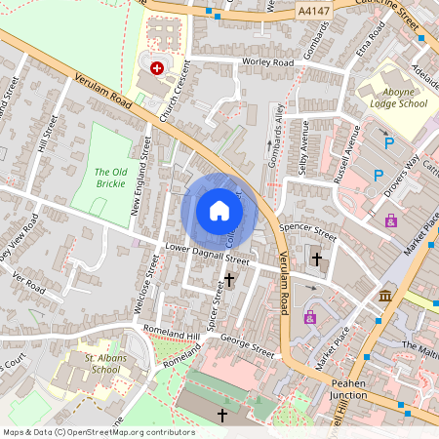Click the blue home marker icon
219,210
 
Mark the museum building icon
386,295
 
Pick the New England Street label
141,184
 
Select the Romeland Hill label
171,334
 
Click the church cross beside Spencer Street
316,259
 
